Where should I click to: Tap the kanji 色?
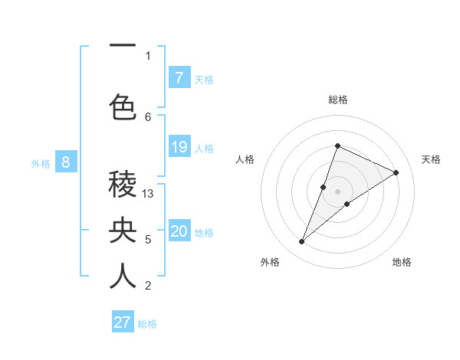(123, 106)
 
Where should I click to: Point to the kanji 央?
(123, 230)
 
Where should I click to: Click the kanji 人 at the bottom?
(123, 276)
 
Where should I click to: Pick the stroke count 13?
(149, 194)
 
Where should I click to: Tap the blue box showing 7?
(179, 77)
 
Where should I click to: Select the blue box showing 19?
(179, 146)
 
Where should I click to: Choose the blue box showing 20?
(179, 231)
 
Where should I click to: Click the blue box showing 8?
(66, 162)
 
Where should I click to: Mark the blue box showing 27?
(123, 322)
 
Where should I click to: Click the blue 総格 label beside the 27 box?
(147, 324)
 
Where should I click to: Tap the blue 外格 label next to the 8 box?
(41, 163)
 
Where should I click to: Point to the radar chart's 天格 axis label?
(431, 159)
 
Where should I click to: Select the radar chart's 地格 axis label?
(402, 262)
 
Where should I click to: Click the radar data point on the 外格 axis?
(302, 242)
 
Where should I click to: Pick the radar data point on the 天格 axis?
(396, 173)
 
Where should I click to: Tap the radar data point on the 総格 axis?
(337, 146)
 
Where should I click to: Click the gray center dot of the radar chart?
(337, 191)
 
